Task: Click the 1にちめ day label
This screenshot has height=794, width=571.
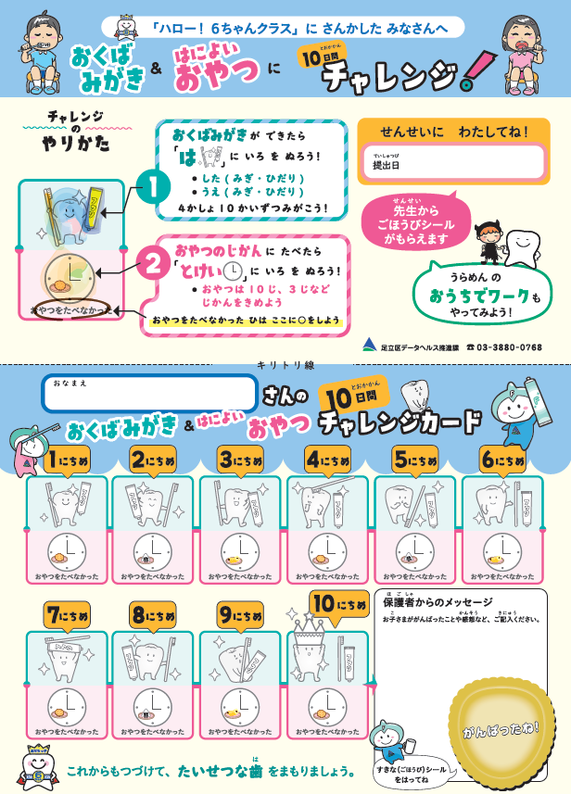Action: (69, 460)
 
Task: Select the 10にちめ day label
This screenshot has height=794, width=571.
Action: (339, 604)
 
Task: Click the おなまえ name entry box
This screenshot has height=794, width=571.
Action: (148, 393)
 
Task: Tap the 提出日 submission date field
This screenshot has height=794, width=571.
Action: (451, 164)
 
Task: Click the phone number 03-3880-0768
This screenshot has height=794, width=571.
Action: (510, 347)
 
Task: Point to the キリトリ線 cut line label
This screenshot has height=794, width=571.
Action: (285, 366)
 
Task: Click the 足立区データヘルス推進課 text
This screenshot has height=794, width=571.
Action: (417, 347)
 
